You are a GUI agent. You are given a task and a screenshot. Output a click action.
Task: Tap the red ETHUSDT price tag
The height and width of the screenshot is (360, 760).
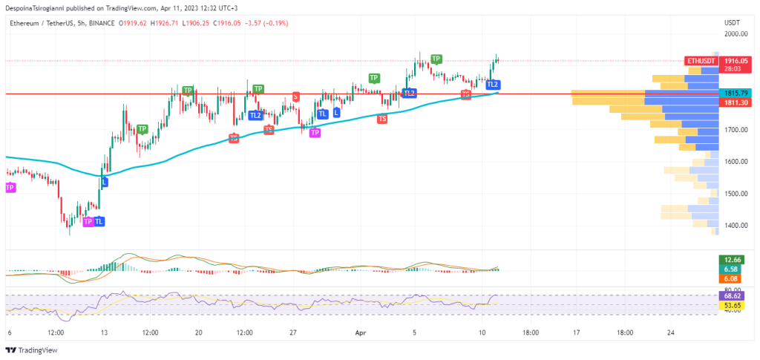[x=701, y=60]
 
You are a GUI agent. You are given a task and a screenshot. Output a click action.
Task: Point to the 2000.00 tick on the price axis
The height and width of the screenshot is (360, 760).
[x=736, y=33]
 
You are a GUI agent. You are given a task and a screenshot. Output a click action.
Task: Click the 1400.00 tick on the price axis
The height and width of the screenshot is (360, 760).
[x=736, y=226]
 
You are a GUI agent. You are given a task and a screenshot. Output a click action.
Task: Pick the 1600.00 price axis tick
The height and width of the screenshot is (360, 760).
[x=736, y=161]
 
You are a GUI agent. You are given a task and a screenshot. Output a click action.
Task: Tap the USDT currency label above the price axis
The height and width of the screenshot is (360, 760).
[x=732, y=23]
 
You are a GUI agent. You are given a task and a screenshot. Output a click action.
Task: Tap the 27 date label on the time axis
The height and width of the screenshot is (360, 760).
[x=293, y=333]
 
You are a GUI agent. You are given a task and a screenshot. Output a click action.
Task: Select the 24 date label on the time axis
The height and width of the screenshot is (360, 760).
[x=671, y=333]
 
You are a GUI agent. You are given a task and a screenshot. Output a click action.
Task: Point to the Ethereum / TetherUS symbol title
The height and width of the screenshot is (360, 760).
[x=43, y=23]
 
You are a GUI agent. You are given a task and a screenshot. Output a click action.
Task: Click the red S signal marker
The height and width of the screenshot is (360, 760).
[x=296, y=96]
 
